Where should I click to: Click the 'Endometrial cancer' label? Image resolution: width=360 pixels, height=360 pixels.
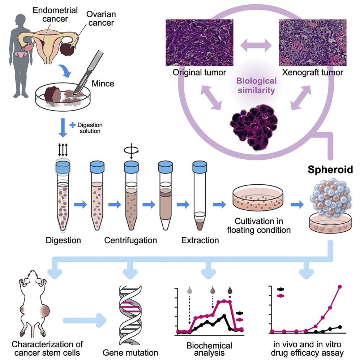[x=55, y=14]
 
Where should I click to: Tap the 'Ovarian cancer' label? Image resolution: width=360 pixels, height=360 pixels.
[x=100, y=18]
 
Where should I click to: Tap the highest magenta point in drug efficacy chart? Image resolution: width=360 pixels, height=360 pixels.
[x=339, y=287]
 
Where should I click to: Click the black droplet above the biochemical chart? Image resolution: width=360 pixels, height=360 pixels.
[x=230, y=290]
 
